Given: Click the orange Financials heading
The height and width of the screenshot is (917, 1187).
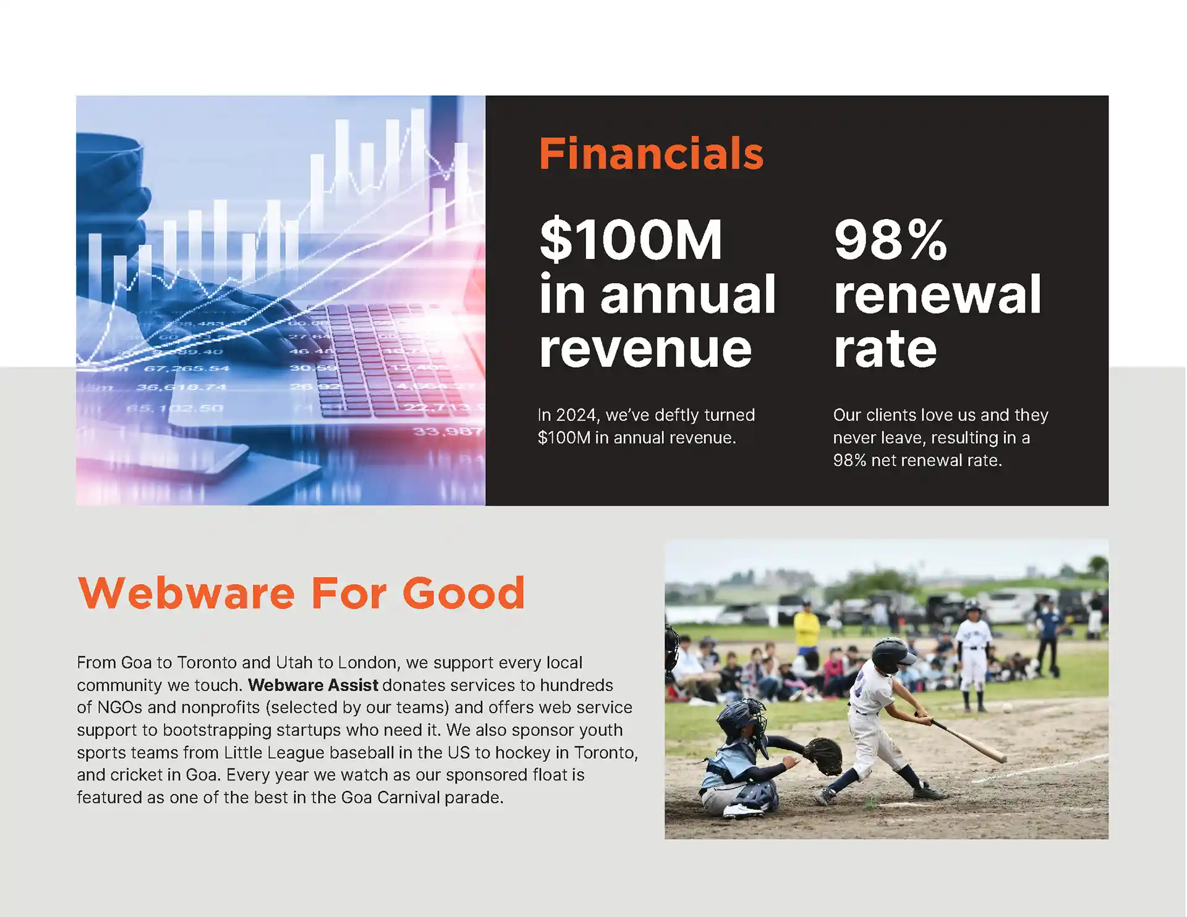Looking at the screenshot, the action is click(651, 153).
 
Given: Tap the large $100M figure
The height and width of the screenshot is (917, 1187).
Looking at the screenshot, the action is click(631, 239).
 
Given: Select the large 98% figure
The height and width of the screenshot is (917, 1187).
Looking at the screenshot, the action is click(890, 239).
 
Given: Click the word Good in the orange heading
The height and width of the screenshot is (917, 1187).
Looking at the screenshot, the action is click(464, 593).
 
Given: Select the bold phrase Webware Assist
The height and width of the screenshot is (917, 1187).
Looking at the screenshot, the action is click(313, 685).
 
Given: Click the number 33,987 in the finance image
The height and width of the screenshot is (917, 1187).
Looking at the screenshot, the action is click(448, 431).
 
